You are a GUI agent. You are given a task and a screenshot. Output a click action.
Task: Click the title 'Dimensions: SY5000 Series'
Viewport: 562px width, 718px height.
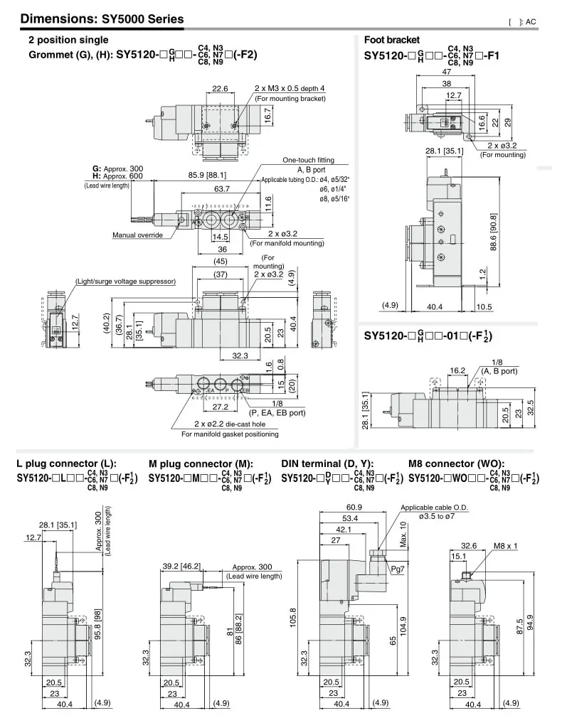point(102,19)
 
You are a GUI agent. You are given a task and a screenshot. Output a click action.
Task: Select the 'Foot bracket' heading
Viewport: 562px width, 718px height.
point(392,41)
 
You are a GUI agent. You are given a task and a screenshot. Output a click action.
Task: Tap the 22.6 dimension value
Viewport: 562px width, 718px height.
point(220,90)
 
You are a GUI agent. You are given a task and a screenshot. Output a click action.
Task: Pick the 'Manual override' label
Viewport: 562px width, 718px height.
point(137,235)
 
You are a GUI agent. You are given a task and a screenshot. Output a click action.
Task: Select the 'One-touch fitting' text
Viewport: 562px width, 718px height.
point(308,161)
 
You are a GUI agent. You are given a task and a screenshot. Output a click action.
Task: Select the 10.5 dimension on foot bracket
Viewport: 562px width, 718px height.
point(484,306)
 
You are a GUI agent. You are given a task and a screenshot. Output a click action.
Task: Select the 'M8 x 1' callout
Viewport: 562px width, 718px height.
point(506,547)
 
